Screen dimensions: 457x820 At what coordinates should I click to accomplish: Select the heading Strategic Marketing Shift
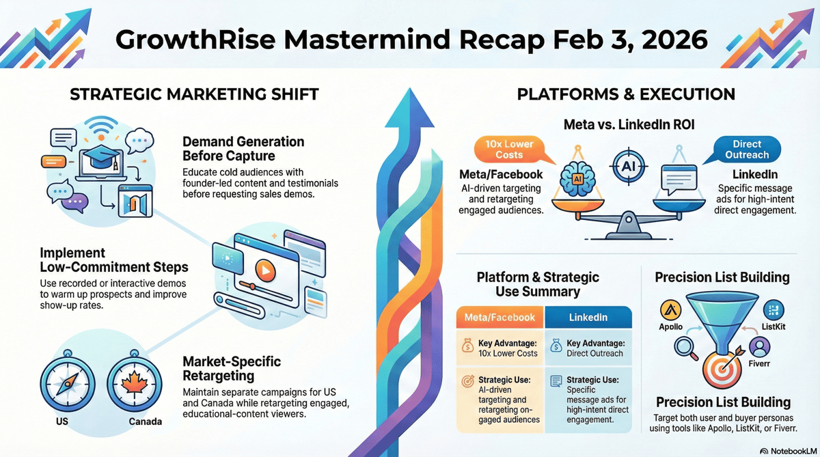pyautogui.click(x=195, y=94)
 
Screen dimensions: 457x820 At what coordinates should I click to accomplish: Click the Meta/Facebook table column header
pyautogui.click(x=500, y=318)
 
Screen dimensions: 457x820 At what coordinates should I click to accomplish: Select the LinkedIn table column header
pyautogui.click(x=588, y=318)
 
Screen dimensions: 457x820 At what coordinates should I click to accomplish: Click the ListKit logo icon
pyautogui.click(x=774, y=311)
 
